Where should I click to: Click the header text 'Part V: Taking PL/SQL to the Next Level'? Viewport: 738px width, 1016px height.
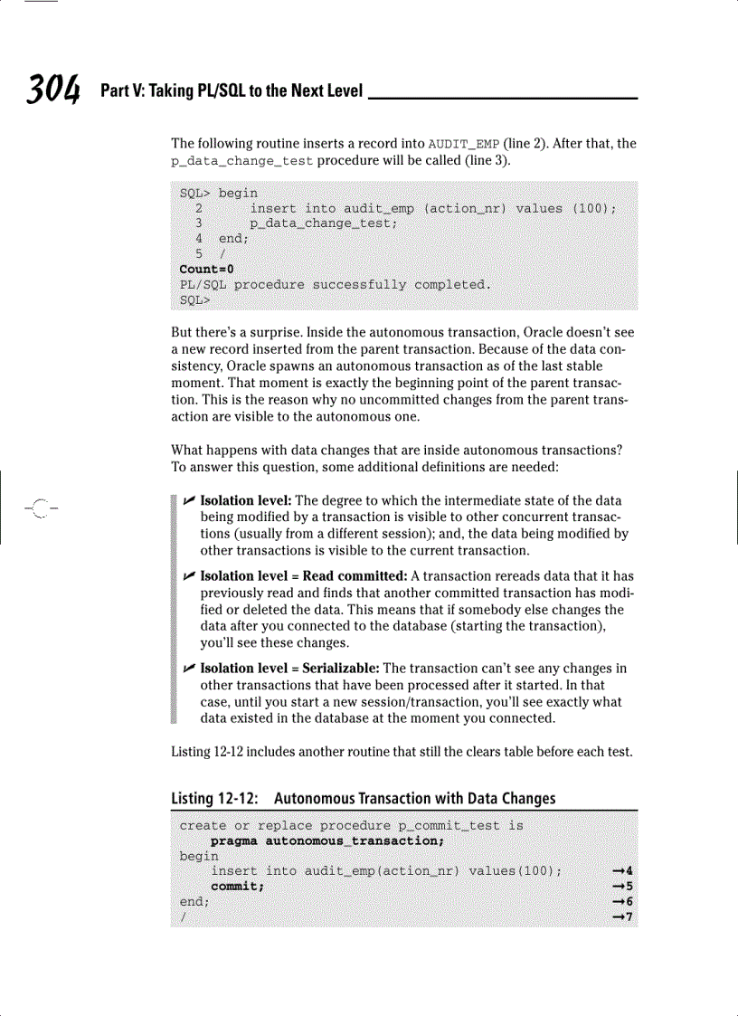(x=232, y=91)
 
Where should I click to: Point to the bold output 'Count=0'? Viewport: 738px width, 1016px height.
(x=206, y=269)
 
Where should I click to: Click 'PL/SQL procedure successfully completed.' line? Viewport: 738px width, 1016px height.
(x=336, y=284)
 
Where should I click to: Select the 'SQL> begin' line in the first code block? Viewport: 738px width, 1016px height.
(x=219, y=193)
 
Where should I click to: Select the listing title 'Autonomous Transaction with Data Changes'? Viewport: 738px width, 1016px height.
(x=414, y=798)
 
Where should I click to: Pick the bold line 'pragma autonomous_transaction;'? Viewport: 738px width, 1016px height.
(x=326, y=840)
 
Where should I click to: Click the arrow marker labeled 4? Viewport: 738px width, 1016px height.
(x=621, y=871)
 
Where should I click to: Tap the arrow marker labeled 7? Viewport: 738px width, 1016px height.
(x=621, y=917)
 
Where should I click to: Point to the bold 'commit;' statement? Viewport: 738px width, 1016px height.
(x=238, y=887)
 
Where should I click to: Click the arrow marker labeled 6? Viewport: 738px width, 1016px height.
(x=621, y=902)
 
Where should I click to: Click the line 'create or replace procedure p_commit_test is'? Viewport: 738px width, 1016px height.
(x=351, y=825)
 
